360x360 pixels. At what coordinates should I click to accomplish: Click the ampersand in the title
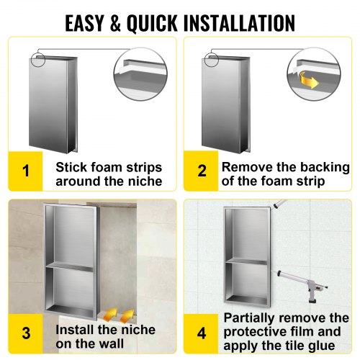click(116, 23)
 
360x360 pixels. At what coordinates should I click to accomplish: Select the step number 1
click(26, 171)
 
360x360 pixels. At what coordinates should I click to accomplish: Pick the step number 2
click(202, 171)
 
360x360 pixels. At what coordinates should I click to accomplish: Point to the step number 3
click(26, 333)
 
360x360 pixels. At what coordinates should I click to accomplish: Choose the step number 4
click(202, 333)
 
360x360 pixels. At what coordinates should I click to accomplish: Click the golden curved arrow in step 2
click(309, 80)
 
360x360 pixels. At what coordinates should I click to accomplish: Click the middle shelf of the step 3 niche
click(70, 267)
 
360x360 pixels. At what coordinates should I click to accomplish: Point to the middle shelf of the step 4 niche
click(246, 261)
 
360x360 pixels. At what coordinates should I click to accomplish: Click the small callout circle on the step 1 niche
click(37, 59)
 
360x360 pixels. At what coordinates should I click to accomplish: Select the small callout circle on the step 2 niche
click(212, 59)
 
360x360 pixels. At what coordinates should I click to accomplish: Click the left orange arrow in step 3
click(110, 314)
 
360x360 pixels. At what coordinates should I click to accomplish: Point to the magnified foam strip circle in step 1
click(140, 74)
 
